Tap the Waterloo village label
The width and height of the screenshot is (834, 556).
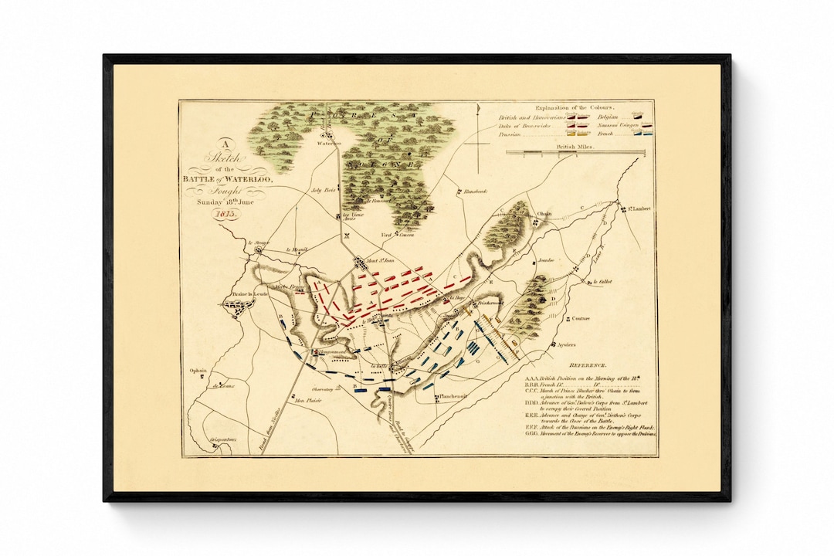(x=327, y=144)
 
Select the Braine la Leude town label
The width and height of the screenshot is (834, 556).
(x=248, y=294)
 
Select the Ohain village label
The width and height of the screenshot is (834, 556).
(x=545, y=213)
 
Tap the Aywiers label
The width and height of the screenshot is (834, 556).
(x=565, y=345)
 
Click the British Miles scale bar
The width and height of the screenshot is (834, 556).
(x=575, y=152)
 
